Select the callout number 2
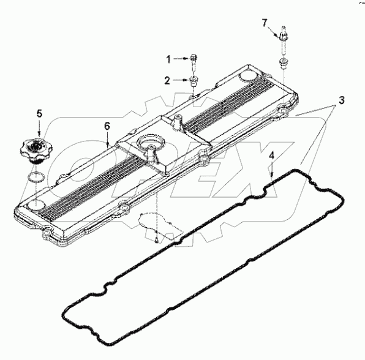167,80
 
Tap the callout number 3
342,99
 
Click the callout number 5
39,113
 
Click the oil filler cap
37,149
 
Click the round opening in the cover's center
150,144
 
